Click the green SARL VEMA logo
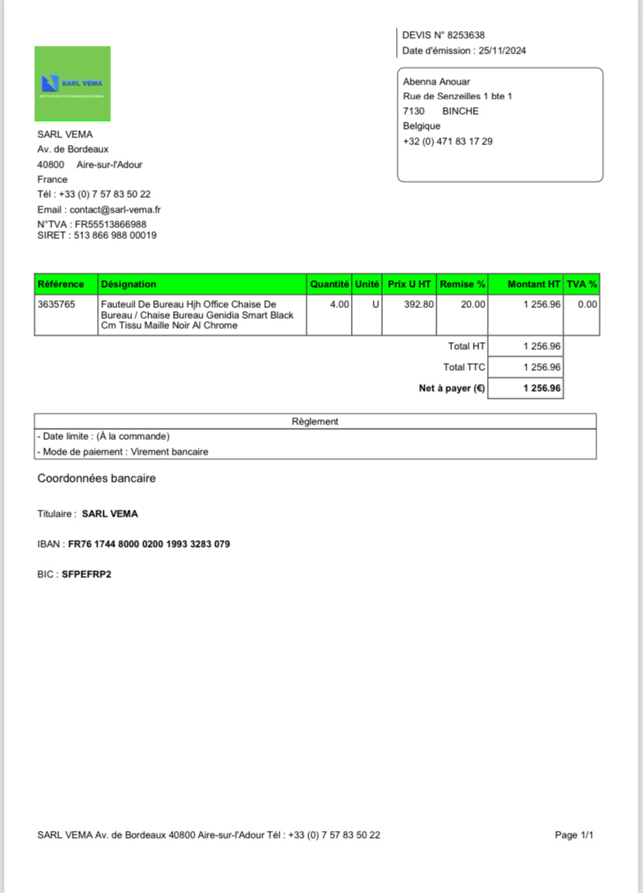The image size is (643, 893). click(72, 83)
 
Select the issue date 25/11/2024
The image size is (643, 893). click(502, 51)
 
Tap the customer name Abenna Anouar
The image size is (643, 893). click(436, 81)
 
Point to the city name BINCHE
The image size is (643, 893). click(461, 111)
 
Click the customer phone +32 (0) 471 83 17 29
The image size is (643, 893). click(447, 141)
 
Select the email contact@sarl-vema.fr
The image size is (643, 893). click(115, 209)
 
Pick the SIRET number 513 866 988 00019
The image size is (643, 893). click(115, 235)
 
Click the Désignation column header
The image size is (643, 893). click(129, 285)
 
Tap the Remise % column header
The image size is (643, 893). click(463, 285)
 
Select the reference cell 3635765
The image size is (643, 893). click(57, 305)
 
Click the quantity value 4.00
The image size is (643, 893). click(339, 305)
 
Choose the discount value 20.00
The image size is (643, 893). click(473, 305)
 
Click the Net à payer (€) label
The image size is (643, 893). click(452, 388)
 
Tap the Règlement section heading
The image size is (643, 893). click(315, 421)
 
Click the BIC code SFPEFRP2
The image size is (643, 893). click(86, 575)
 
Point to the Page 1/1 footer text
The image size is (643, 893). click(574, 836)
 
